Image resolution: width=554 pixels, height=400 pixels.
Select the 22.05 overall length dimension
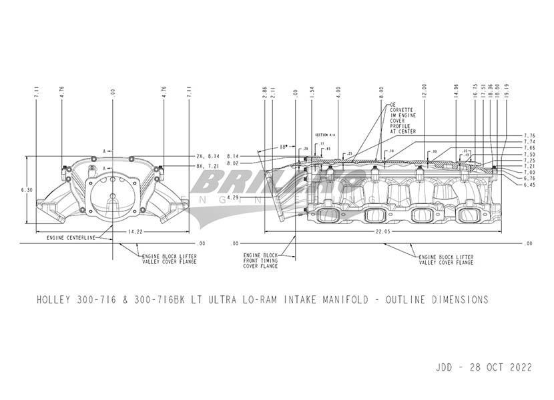click(x=383, y=231)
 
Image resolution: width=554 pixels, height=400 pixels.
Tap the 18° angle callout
click(x=283, y=145)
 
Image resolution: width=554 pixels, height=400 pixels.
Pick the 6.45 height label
click(x=530, y=185)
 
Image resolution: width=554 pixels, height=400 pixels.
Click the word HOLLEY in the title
click(x=53, y=300)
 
